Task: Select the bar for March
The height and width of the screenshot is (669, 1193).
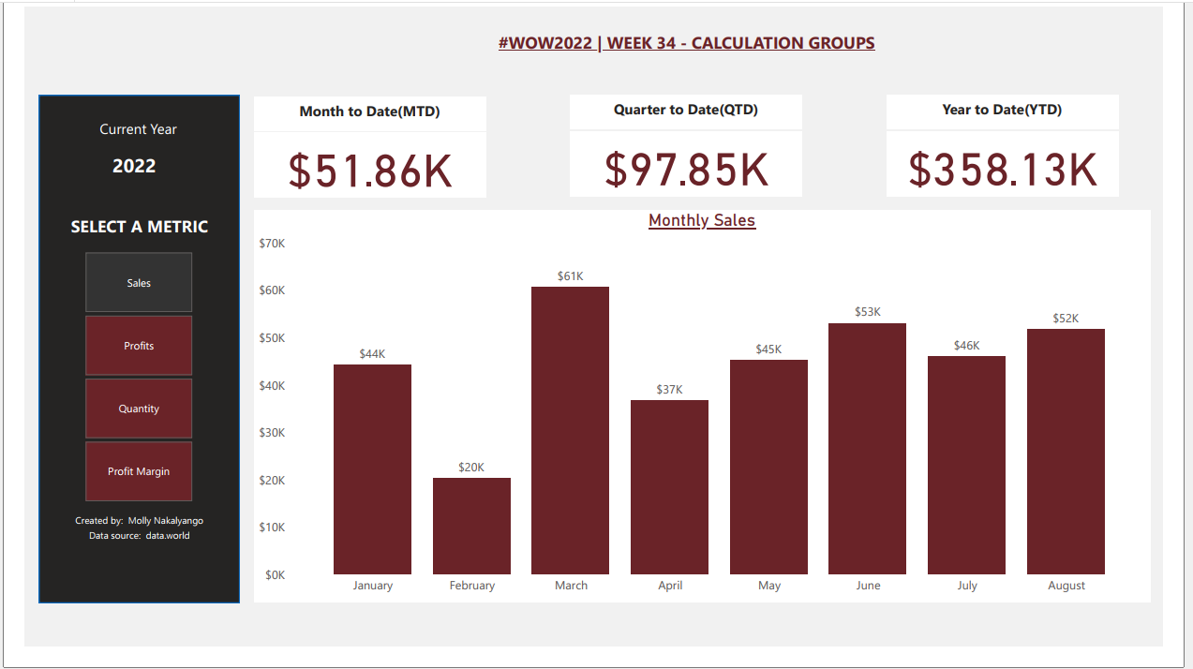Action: (570, 430)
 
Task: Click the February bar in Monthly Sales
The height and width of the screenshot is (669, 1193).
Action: (471, 526)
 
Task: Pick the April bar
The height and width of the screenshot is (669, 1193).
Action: (669, 486)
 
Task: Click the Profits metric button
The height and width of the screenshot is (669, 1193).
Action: (139, 346)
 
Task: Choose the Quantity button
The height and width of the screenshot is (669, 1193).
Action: (139, 409)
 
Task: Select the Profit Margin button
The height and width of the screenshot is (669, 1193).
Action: (139, 471)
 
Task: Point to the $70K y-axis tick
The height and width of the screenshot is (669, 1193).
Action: (272, 244)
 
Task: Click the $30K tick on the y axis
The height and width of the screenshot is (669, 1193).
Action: (272, 433)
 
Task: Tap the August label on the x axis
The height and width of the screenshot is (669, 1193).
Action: (1066, 586)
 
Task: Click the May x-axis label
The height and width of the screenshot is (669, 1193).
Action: (769, 586)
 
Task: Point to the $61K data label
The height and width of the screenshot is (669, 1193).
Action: (570, 276)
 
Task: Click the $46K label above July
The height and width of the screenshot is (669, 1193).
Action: (966, 346)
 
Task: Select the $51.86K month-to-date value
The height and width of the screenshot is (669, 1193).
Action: (370, 171)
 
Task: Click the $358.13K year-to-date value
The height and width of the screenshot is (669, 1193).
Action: (1003, 170)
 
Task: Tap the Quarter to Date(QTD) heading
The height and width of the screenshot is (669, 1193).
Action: (686, 110)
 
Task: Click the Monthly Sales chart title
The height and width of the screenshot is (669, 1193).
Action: (702, 220)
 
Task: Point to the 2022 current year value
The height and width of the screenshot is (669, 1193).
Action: (134, 166)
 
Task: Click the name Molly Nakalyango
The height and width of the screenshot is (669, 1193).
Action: (166, 521)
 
